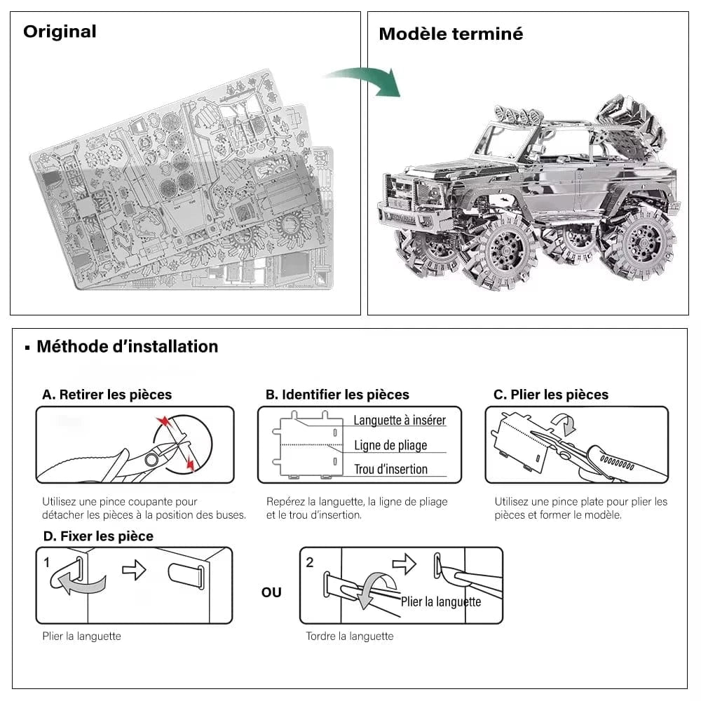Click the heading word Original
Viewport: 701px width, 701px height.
(60, 32)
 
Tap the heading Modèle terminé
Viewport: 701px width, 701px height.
(451, 34)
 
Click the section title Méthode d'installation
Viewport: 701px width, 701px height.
(127, 346)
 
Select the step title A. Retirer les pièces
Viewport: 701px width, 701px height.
(107, 395)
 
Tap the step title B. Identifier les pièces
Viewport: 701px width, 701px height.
(337, 395)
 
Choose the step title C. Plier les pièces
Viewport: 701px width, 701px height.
(551, 395)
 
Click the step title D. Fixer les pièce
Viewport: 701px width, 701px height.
(97, 536)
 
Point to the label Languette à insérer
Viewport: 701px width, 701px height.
(399, 421)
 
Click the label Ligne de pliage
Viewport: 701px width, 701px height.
(390, 445)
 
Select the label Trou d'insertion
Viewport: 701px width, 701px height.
(390, 470)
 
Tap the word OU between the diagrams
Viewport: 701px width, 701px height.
(271, 592)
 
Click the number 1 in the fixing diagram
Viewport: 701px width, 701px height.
(47, 562)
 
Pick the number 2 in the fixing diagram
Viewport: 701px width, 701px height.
(311, 562)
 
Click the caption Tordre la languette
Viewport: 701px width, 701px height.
(349, 637)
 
